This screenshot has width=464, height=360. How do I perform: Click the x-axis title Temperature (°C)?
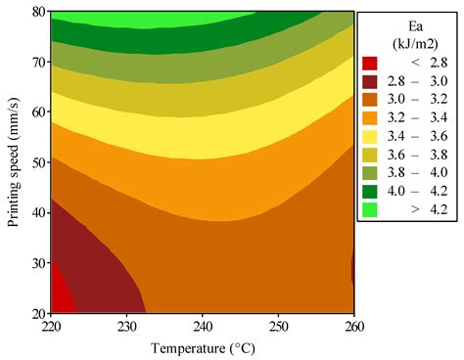(203, 347)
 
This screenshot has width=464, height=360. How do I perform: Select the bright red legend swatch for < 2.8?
(370, 64)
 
